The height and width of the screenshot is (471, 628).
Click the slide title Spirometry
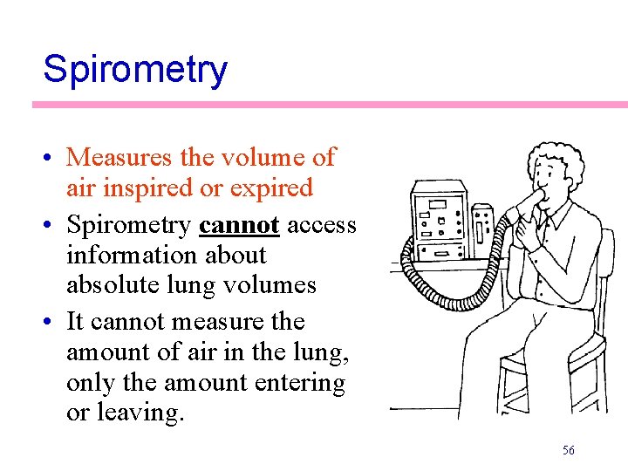(135, 69)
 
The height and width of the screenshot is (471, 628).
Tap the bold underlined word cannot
(239, 225)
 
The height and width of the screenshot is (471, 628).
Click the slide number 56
(569, 450)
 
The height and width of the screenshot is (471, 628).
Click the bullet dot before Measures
(54, 159)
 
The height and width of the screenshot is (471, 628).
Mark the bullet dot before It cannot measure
(54, 323)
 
